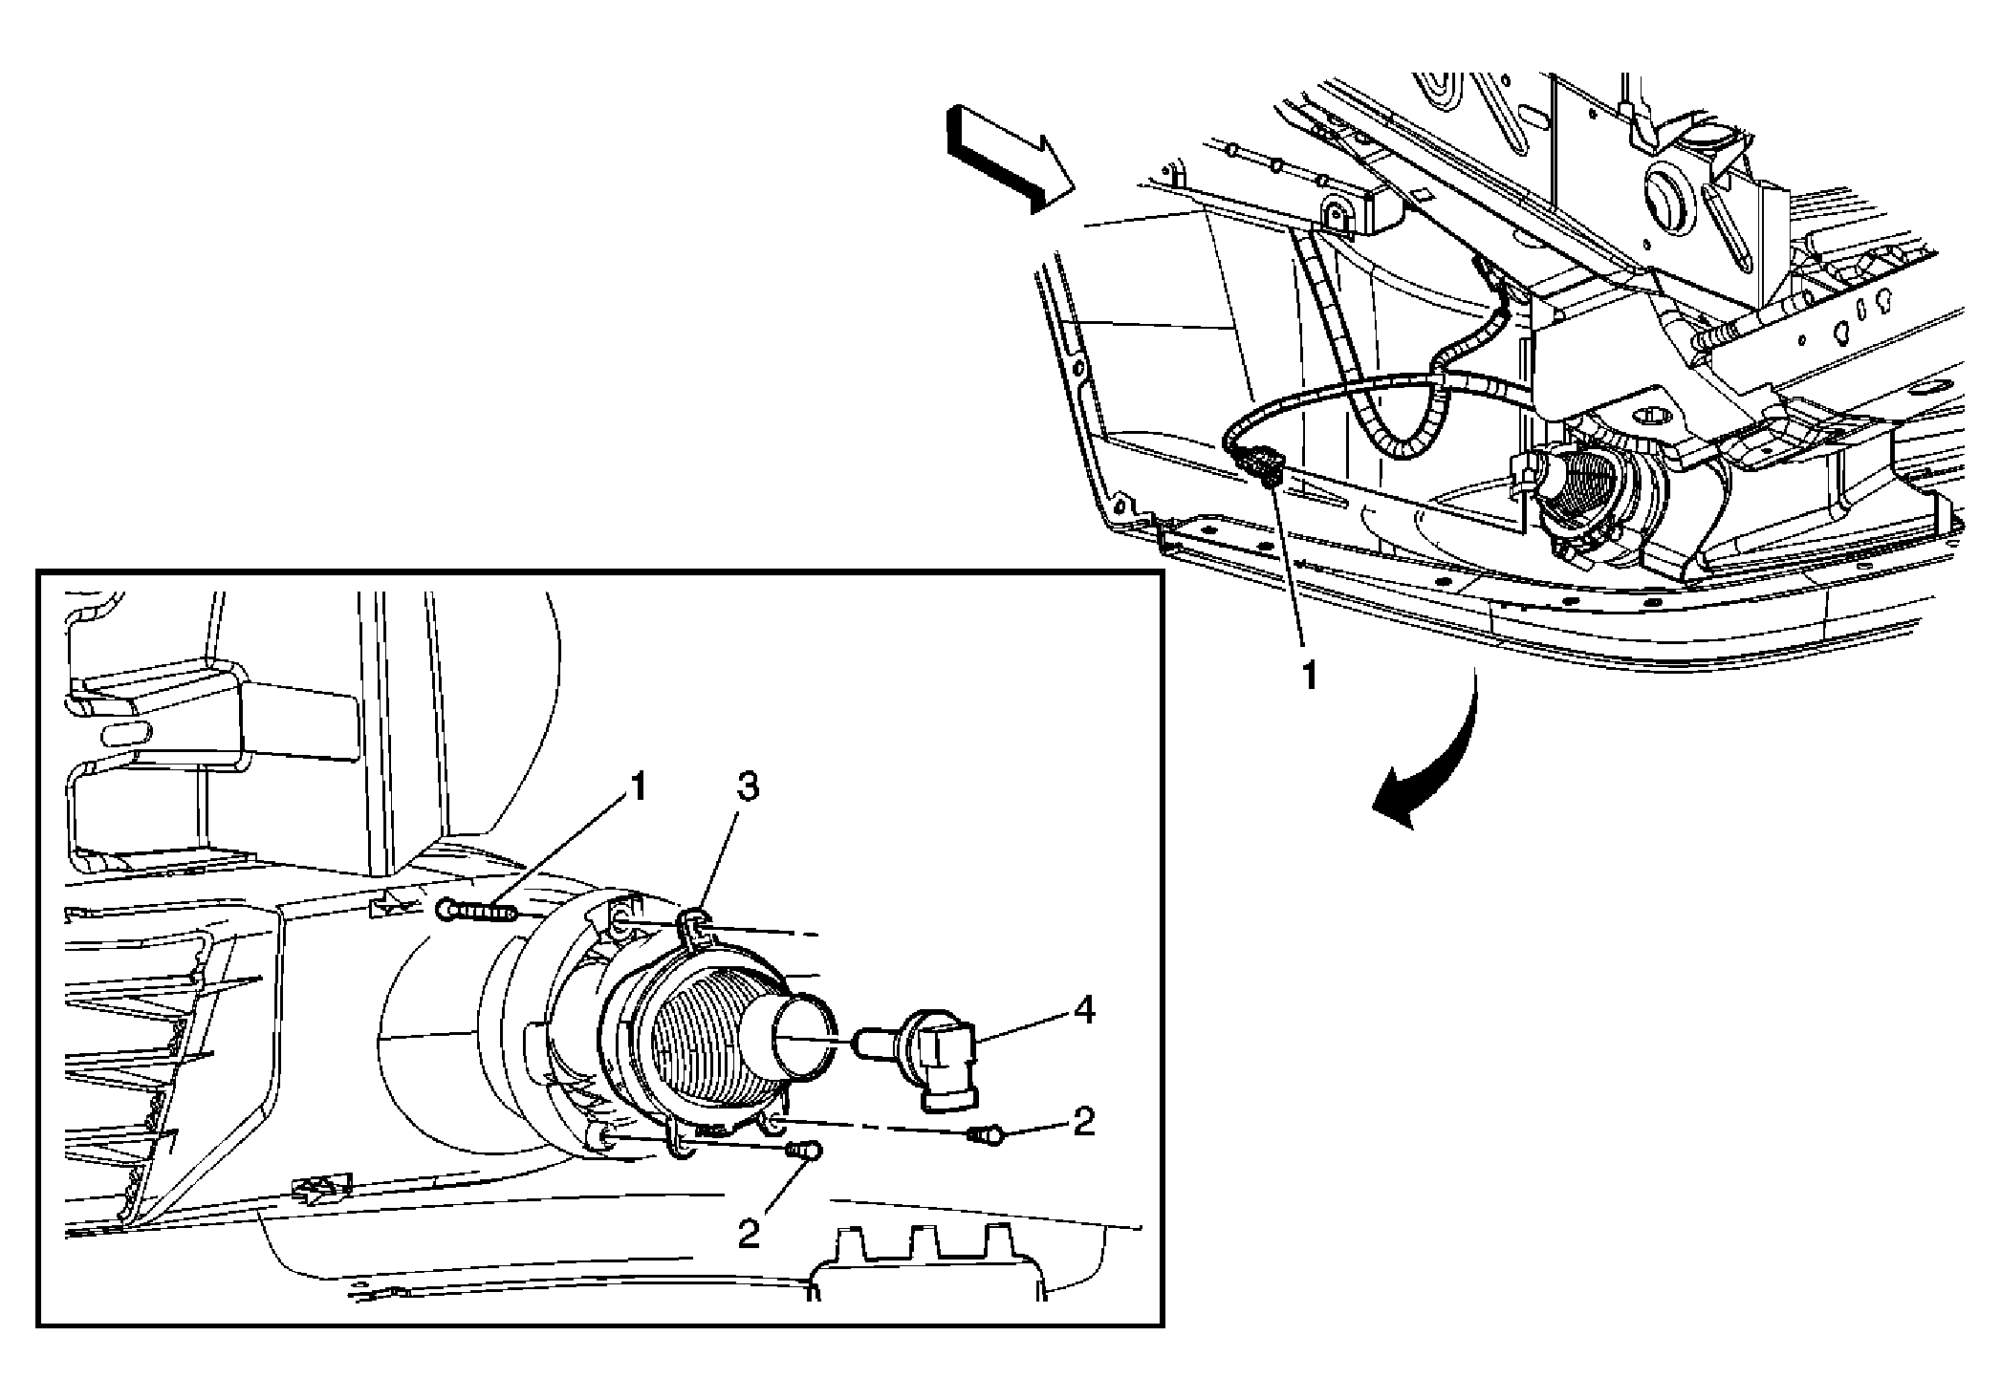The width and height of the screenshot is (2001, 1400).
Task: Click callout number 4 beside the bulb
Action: click(x=1084, y=1010)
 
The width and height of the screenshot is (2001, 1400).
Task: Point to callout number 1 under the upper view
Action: click(x=1309, y=678)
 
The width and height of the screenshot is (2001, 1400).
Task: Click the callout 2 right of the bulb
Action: click(x=1082, y=1122)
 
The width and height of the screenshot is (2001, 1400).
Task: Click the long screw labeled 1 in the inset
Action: click(x=475, y=911)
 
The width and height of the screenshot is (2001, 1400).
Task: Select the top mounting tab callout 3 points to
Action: click(x=694, y=922)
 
